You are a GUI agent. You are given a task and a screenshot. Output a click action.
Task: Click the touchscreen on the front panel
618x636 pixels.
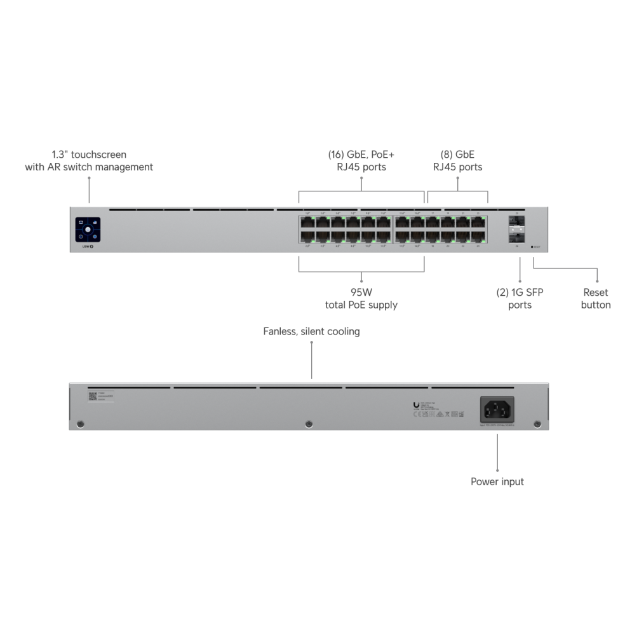coord(89,230)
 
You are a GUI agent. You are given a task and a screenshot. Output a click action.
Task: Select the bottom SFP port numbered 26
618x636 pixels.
coord(516,237)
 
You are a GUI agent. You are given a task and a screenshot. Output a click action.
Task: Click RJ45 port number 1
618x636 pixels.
coord(308,223)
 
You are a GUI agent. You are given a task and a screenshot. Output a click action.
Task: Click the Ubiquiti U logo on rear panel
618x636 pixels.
coord(416,405)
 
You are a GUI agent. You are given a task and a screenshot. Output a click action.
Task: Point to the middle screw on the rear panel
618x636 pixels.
coord(309,424)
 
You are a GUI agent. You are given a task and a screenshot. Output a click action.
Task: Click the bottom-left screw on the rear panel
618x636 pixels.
coord(79,424)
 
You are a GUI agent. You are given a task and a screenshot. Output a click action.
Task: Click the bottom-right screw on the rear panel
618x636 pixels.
coord(537,424)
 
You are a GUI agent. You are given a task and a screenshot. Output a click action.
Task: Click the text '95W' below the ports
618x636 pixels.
coord(361,293)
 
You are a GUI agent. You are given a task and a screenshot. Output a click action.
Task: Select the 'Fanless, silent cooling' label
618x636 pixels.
coord(311,331)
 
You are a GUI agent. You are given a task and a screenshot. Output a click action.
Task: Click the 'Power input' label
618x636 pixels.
coord(497,481)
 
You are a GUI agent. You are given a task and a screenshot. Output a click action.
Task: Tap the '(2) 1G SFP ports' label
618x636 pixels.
coord(520,298)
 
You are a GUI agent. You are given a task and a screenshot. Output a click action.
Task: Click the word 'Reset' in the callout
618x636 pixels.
coord(596,293)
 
